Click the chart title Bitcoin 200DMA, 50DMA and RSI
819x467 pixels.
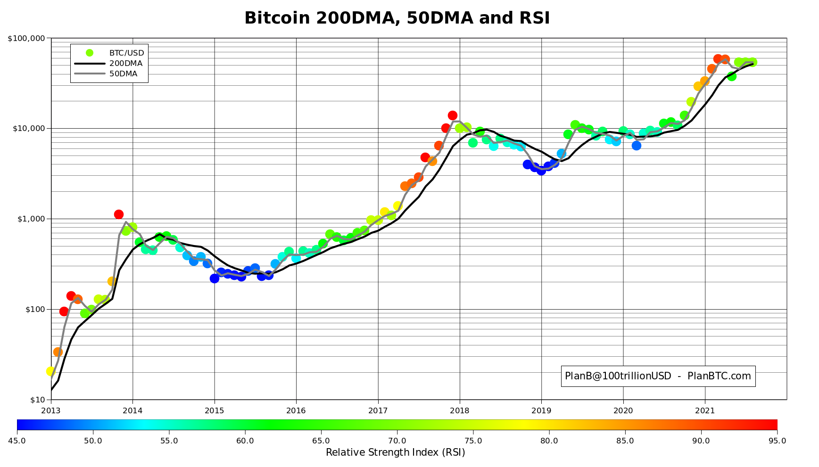pyautogui.click(x=397, y=18)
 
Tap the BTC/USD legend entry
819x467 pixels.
pyautogui.click(x=126, y=53)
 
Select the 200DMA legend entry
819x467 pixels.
pyautogui.click(x=125, y=64)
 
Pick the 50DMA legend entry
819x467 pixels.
pyautogui.click(x=123, y=74)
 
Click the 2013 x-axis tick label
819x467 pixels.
pyautogui.click(x=51, y=410)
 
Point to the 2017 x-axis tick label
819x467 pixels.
pyautogui.click(x=378, y=410)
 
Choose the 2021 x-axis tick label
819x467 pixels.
pyautogui.click(x=705, y=410)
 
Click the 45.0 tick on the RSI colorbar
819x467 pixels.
pyautogui.click(x=17, y=441)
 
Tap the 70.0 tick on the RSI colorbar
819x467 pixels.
pyautogui.click(x=397, y=441)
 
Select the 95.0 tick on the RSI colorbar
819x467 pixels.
pyautogui.click(x=777, y=441)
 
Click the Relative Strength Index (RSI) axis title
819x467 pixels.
pyautogui.click(x=395, y=453)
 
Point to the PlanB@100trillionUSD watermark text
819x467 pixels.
pyautogui.click(x=658, y=376)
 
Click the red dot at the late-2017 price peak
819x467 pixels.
pyautogui.click(x=453, y=115)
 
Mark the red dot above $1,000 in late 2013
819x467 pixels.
pyautogui.click(x=119, y=214)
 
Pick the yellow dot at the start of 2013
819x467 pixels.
pyautogui.click(x=51, y=371)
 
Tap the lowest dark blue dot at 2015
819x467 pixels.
pyautogui.click(x=215, y=279)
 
